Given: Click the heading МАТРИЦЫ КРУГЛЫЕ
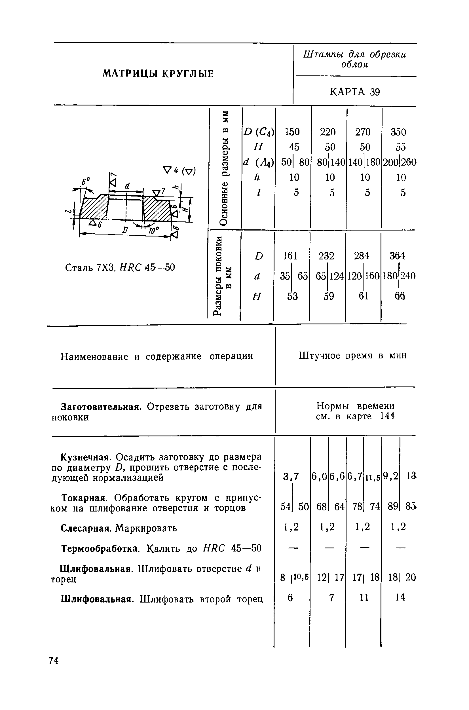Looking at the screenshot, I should pyautogui.click(x=158, y=73).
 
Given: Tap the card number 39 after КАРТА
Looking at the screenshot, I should pyautogui.click(x=375, y=92).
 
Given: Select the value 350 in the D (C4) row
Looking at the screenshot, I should pyautogui.click(x=398, y=132).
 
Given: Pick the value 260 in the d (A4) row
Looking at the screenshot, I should pyautogui.click(x=409, y=162).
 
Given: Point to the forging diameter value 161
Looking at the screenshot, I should pyautogui.click(x=290, y=256).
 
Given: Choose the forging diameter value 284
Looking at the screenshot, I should pyautogui.click(x=362, y=256).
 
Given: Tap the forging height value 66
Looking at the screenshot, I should pyautogui.click(x=400, y=296).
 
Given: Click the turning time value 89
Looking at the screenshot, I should pyautogui.click(x=392, y=506).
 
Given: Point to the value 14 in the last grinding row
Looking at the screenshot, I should pyautogui.click(x=400, y=597).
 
